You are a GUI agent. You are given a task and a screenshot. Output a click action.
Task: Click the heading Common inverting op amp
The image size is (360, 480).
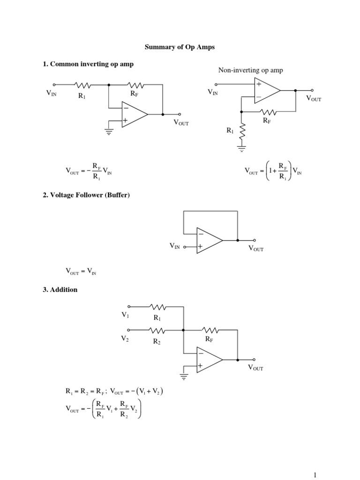88,64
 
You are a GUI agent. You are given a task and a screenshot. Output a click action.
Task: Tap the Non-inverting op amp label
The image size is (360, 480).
250,70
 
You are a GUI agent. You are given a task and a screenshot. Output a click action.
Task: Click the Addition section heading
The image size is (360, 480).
60,290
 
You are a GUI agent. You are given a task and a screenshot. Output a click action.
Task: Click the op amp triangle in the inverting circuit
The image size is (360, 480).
134,114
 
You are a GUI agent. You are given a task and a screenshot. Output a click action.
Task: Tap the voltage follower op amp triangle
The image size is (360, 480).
209,240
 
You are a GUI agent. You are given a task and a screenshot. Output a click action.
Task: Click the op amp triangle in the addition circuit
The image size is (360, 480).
209,360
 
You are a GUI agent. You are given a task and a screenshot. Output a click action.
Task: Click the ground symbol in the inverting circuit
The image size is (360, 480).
109,132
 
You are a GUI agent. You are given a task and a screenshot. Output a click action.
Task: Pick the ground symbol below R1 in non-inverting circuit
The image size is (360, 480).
242,150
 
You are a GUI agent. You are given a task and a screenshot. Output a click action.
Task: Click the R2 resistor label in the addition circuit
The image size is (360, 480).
157,342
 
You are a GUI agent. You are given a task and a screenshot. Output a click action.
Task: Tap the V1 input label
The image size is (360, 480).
125,315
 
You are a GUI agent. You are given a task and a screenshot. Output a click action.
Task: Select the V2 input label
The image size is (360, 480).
125,338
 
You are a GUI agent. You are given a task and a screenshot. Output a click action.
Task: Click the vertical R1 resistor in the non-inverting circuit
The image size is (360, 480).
242,132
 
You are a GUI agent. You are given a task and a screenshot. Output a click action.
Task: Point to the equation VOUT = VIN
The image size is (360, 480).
81,271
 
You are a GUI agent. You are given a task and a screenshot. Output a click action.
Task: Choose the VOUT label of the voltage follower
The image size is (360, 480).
256,248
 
